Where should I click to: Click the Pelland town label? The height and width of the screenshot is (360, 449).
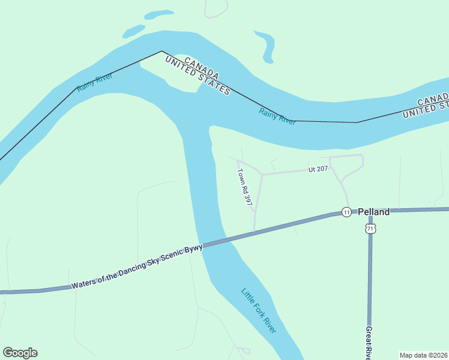(x=374, y=212)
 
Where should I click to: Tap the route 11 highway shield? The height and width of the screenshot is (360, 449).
(x=346, y=212)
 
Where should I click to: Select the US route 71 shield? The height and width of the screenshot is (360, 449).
(x=370, y=229)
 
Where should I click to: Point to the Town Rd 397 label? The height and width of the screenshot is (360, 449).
(x=244, y=187)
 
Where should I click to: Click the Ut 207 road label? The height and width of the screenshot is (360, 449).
(x=318, y=169)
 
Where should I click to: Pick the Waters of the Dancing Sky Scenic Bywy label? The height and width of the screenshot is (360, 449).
(x=136, y=267)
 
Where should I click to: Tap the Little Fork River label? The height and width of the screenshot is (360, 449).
(x=259, y=311)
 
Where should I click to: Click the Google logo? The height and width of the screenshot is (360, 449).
(x=20, y=353)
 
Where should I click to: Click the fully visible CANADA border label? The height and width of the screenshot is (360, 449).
(x=202, y=67)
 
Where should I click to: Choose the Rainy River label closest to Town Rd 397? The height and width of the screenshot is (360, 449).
(x=277, y=115)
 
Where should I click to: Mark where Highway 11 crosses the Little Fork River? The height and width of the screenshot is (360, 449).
(x=211, y=242)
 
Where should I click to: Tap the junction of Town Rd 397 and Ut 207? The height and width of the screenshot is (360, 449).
(x=262, y=175)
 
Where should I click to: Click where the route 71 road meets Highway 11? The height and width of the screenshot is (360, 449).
(x=370, y=211)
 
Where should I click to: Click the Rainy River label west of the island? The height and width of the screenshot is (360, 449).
(x=95, y=83)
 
